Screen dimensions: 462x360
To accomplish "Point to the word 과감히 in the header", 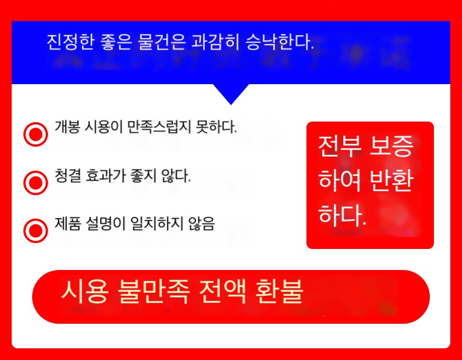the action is pyautogui.click(x=216, y=42).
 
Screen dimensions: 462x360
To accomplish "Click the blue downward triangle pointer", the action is pyautogui.click(x=231, y=94).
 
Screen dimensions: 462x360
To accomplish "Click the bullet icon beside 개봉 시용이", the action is pyautogui.click(x=36, y=134).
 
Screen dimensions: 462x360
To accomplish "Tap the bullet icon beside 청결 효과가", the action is pyautogui.click(x=36, y=182).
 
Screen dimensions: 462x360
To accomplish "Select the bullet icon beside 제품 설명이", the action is pyautogui.click(x=36, y=231).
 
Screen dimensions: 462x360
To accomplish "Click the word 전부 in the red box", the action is pyautogui.click(x=339, y=147).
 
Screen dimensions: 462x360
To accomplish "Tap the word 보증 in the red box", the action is pyautogui.click(x=391, y=147).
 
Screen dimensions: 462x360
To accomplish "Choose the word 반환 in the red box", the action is pyautogui.click(x=391, y=181).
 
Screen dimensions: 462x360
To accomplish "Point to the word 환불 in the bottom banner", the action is pyautogui.click(x=280, y=292).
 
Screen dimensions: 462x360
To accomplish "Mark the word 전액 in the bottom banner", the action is pyautogui.click(x=222, y=292).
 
